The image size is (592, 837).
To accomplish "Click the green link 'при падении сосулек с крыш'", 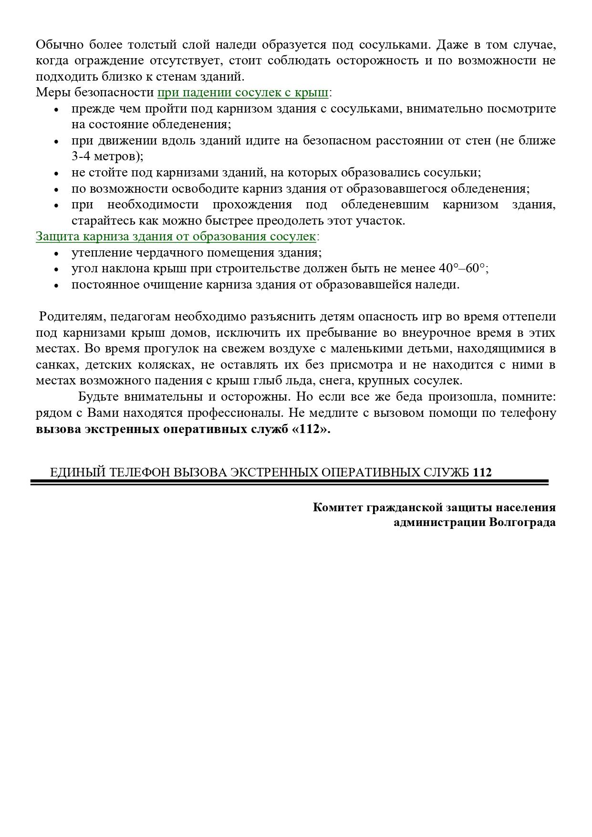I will (x=242, y=93).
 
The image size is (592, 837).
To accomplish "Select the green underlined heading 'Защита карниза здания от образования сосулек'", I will (x=176, y=237).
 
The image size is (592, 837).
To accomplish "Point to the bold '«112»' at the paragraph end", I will (x=310, y=429).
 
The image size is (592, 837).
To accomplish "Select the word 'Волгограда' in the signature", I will (x=522, y=522).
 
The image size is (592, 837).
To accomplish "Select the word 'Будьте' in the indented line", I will (x=99, y=397).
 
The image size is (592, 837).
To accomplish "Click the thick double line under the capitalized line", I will (x=289, y=483).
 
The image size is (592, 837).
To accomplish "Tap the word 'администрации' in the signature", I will (x=439, y=522).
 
